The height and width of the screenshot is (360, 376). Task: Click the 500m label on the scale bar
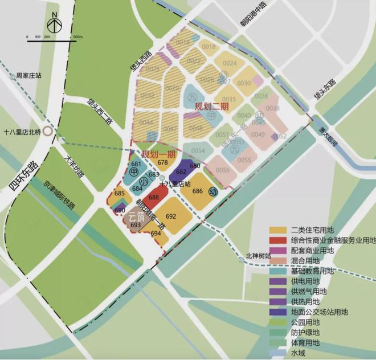[x=78, y=36]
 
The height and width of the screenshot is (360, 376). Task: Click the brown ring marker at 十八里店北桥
[x=50, y=130]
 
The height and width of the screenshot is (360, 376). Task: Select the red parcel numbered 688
[x=154, y=197]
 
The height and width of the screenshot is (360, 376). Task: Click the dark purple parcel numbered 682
[x=181, y=171]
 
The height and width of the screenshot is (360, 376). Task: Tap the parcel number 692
[x=170, y=216]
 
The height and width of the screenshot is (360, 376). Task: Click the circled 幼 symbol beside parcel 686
[x=213, y=191]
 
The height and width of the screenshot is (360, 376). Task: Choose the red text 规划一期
[x=158, y=154]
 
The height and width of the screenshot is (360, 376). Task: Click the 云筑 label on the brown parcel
[x=135, y=216]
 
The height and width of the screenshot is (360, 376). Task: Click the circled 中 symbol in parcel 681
[x=134, y=171]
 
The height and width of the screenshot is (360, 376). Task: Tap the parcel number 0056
[x=223, y=170]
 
